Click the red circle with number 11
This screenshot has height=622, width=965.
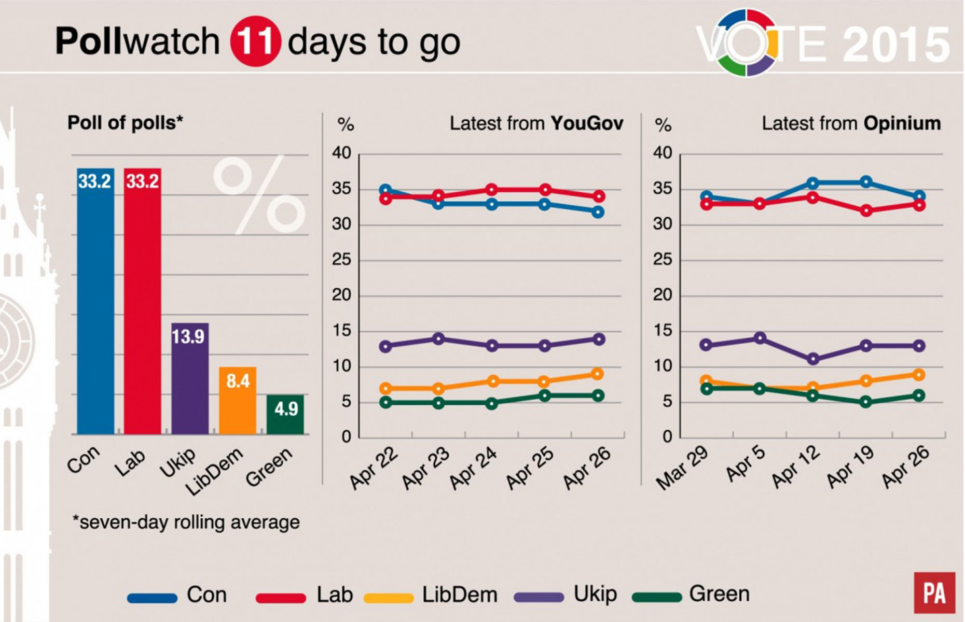pyautogui.click(x=255, y=41)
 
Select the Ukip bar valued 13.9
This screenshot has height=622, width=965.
pyautogui.click(x=190, y=378)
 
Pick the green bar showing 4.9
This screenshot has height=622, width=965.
pyautogui.click(x=285, y=414)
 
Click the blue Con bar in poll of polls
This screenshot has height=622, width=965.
pyautogui.click(x=95, y=301)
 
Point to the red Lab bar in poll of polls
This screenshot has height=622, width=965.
pyautogui.click(x=142, y=301)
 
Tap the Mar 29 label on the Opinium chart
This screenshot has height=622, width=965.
pyautogui.click(x=682, y=469)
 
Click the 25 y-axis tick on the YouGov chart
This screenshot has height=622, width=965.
pyautogui.click(x=342, y=260)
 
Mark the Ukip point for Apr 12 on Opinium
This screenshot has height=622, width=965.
pyautogui.click(x=813, y=359)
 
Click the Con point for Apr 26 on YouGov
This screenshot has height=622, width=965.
pyautogui.click(x=598, y=211)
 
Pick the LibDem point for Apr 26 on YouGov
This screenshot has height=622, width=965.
pyautogui.click(x=598, y=374)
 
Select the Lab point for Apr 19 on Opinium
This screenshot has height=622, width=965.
pyautogui.click(x=865, y=210)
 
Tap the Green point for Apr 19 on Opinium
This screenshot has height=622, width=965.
pyautogui.click(x=865, y=402)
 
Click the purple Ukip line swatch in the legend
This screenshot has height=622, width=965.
pyautogui.click(x=539, y=598)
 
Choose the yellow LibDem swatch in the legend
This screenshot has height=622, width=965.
pyautogui.click(x=389, y=598)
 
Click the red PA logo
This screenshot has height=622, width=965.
pyautogui.click(x=934, y=593)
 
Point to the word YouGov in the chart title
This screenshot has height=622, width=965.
pyautogui.click(x=587, y=124)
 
